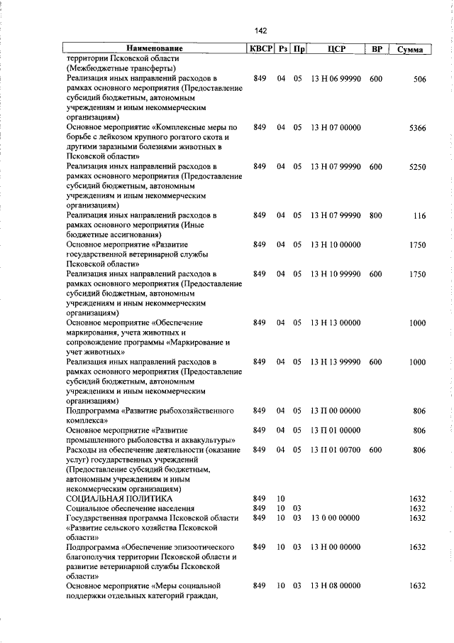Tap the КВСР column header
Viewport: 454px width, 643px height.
(x=259, y=49)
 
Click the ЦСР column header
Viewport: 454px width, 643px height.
(x=336, y=49)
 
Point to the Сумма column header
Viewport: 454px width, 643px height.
(x=411, y=49)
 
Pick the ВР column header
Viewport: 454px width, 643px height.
(x=377, y=49)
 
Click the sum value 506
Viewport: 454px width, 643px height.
(x=419, y=79)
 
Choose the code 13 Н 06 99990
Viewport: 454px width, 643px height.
(x=336, y=79)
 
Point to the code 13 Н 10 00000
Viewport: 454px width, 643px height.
(x=336, y=245)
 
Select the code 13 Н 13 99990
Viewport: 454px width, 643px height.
(x=336, y=362)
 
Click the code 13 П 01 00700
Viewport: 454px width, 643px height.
(x=336, y=450)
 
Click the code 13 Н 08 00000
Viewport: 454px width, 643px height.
(x=336, y=585)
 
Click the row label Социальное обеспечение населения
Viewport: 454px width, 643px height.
(x=130, y=509)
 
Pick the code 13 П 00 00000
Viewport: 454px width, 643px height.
(x=336, y=411)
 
